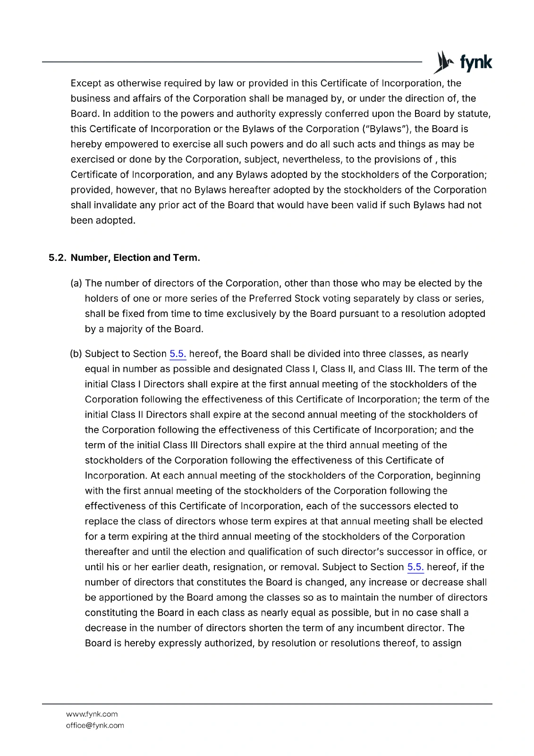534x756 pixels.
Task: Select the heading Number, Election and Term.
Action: [135, 258]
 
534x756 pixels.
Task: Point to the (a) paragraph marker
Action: [76, 283]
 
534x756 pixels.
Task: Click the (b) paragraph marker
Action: [76, 354]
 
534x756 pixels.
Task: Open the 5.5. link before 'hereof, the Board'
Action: [178, 354]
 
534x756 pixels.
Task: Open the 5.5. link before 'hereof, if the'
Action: [415, 567]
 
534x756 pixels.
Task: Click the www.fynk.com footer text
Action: [92, 714]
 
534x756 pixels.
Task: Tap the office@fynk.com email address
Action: [95, 725]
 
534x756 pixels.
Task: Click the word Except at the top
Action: [85, 83]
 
